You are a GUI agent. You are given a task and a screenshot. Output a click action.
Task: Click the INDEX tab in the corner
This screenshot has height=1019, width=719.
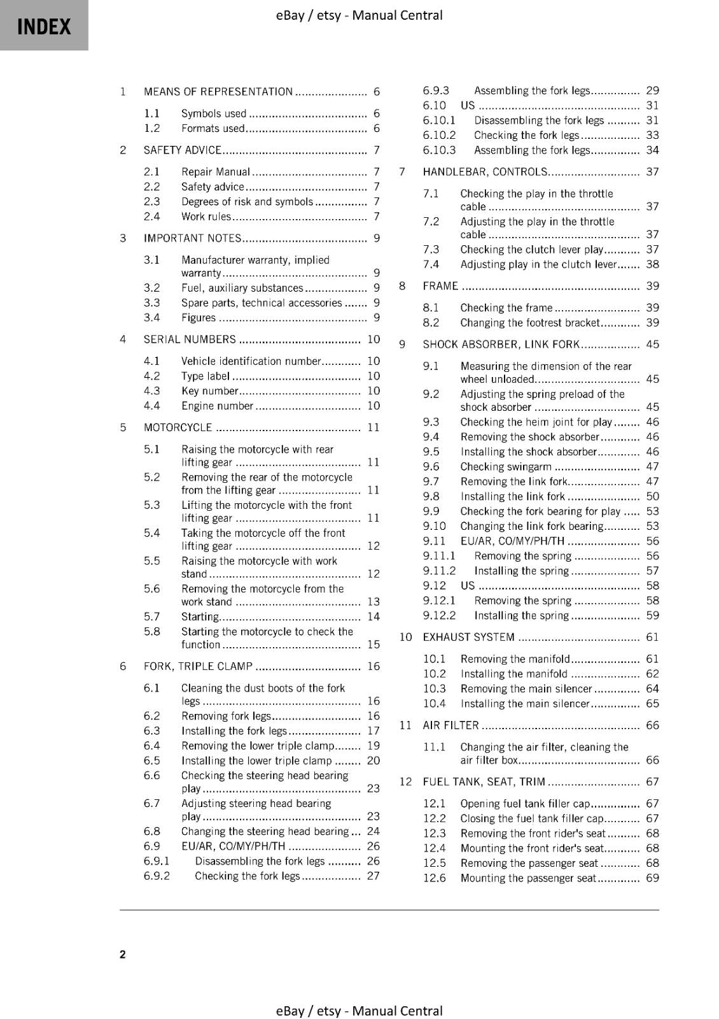(44, 26)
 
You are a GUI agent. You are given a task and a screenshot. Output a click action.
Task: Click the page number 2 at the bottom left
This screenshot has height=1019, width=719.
(123, 954)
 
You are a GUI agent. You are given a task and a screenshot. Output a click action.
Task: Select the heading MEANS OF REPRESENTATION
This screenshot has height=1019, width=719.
(218, 92)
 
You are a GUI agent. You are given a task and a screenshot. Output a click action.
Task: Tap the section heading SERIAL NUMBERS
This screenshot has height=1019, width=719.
(190, 339)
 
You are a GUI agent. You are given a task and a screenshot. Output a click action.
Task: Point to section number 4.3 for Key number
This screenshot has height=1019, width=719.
(152, 391)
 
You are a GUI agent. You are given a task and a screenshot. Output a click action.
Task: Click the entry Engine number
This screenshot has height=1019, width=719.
(218, 406)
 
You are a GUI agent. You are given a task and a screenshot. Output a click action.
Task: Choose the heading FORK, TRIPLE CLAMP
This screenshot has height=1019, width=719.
(198, 666)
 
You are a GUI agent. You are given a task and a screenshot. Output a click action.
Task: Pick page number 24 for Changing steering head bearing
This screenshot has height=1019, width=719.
(373, 831)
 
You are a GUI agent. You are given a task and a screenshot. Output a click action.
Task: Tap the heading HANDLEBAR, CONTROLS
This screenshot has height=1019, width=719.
(485, 172)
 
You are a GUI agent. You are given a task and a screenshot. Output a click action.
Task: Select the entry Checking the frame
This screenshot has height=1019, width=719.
(506, 308)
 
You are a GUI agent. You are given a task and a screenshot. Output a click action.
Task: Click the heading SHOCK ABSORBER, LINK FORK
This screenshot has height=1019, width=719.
(501, 345)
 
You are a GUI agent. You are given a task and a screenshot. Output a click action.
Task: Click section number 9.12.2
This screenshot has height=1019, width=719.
(440, 615)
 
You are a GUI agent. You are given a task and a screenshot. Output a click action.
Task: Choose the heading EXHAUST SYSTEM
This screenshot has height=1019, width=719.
(469, 637)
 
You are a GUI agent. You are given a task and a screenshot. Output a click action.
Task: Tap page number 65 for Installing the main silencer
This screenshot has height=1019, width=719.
(652, 704)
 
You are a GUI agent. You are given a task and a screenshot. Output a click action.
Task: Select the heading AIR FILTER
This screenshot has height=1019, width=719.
(450, 725)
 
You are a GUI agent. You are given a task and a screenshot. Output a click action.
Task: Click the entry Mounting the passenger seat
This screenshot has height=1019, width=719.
(528, 878)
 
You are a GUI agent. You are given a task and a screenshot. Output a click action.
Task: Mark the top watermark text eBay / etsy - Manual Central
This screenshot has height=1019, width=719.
(359, 15)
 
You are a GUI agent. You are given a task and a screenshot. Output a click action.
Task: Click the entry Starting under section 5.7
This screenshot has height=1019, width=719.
(200, 616)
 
